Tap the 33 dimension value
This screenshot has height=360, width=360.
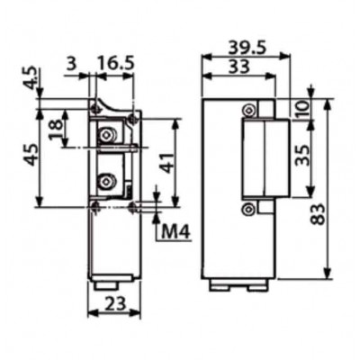[x=239, y=67]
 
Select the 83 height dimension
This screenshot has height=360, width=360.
[x=319, y=214]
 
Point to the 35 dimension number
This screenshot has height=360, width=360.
[x=302, y=155]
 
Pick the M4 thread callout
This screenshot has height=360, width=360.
[x=176, y=231]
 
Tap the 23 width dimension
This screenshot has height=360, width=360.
[x=115, y=304]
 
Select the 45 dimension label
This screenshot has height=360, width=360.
[x=31, y=155]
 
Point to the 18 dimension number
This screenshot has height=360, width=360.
[x=56, y=129]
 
